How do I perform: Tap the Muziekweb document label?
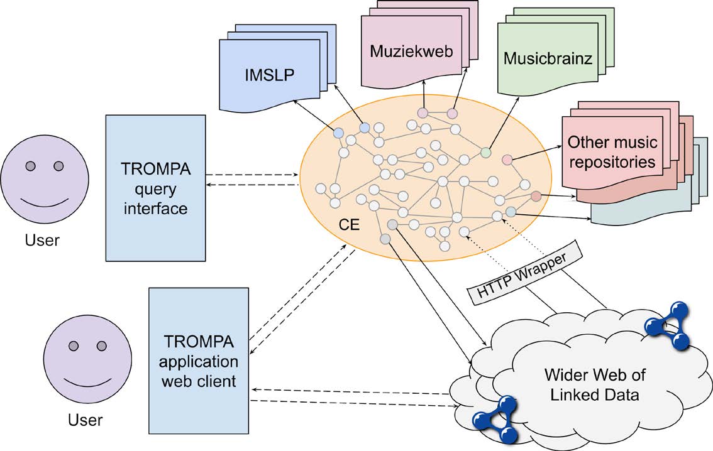[x=411, y=50]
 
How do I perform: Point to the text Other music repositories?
[x=612, y=151]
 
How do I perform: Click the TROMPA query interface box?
[x=156, y=188]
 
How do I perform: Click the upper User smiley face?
[x=43, y=183]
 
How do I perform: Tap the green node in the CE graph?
[x=485, y=152]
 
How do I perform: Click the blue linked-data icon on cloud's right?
[x=668, y=325]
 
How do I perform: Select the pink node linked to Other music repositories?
[x=507, y=160]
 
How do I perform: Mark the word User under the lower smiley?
[x=86, y=419]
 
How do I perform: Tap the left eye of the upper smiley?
[x=29, y=166]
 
